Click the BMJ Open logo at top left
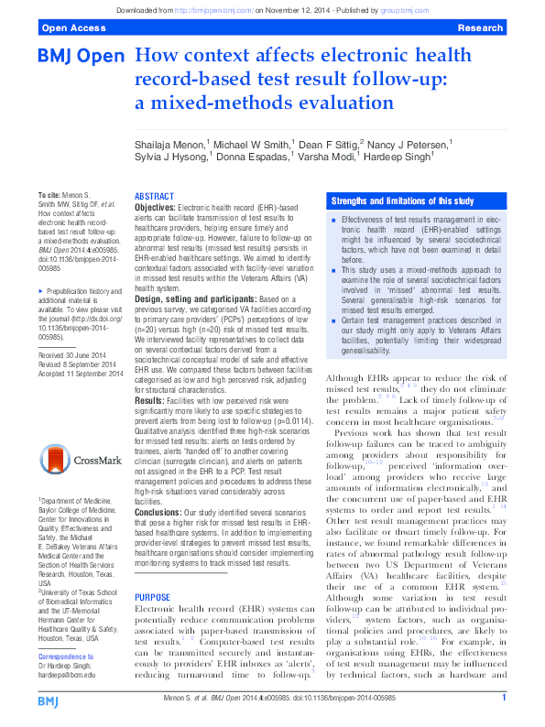coord(81,57)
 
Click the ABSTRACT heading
coord(154,197)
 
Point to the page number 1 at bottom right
coord(504,698)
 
